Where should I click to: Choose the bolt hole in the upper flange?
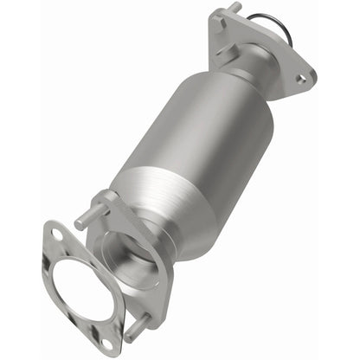[x=300, y=78]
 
